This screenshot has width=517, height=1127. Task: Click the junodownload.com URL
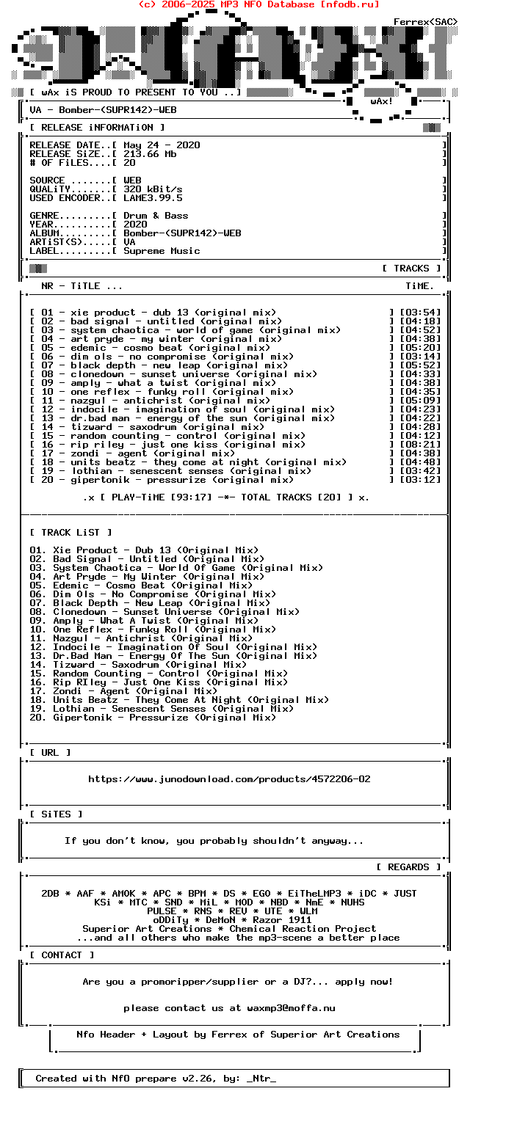click(x=229, y=779)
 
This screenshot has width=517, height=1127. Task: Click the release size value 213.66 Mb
click(x=150, y=154)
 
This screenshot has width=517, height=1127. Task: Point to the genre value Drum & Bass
click(x=156, y=216)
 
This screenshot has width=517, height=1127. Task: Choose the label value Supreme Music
click(x=162, y=251)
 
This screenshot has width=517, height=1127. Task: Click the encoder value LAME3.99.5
click(x=153, y=198)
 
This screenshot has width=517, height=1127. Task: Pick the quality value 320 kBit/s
click(x=153, y=189)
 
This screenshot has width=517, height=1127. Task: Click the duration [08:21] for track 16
click(x=420, y=445)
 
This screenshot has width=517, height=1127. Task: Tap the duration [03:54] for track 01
click(x=420, y=313)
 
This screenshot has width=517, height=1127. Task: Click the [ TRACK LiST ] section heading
click(x=70, y=533)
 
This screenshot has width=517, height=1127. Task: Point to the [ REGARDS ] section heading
click(x=408, y=867)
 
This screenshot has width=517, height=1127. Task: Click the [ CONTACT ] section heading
click(x=62, y=955)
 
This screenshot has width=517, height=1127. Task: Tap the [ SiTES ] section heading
click(x=56, y=814)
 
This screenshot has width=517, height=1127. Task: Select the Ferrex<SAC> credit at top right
click(x=425, y=22)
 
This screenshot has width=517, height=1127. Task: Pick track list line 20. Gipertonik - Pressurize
click(x=153, y=718)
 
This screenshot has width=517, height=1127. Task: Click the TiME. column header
click(x=420, y=286)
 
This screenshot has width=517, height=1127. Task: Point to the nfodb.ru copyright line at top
click(x=258, y=4)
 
